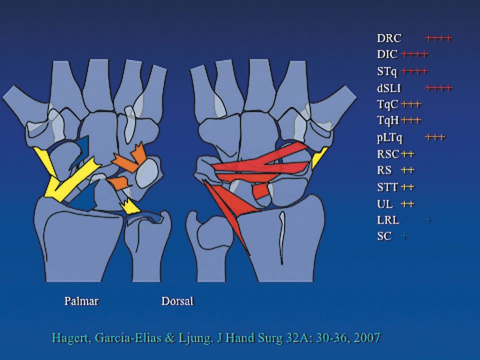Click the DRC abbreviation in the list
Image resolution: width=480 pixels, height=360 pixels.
(389, 37)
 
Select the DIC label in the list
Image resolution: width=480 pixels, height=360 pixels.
(387, 54)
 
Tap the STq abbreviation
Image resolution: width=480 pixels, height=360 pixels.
(387, 71)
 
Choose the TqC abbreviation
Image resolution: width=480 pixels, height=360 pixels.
(388, 104)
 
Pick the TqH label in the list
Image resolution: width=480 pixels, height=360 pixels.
(388, 120)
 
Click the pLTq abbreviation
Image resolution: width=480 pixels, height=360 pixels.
(390, 137)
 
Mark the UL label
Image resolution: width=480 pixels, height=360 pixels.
(385, 204)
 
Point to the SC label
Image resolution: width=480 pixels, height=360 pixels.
(384, 236)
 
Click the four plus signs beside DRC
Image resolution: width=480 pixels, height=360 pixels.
(438, 37)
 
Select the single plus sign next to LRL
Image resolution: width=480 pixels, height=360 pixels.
(429, 220)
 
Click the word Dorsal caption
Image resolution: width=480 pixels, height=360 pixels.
(177, 301)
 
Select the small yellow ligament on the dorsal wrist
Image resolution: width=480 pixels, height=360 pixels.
(318, 157)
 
